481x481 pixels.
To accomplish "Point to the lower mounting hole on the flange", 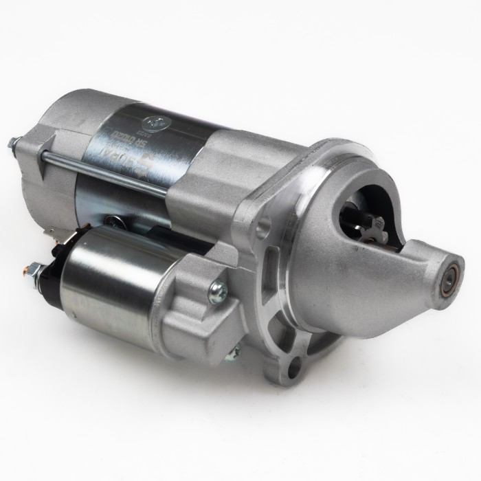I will click(295, 368).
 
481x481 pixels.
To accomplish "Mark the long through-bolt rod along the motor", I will click(103, 172).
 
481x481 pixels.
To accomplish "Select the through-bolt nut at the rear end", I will click(13, 144).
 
